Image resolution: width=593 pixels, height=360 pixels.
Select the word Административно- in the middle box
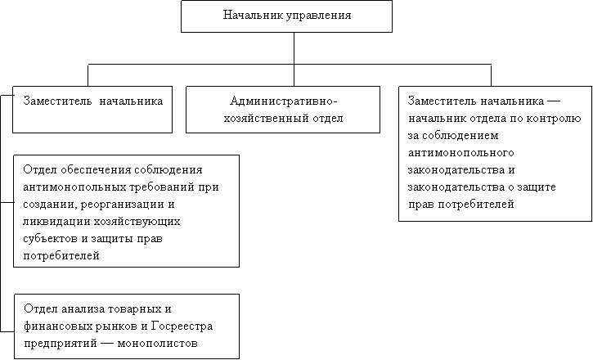[283, 101]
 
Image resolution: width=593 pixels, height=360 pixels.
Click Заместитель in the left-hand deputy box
[57, 101]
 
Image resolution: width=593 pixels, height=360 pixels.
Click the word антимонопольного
[461, 153]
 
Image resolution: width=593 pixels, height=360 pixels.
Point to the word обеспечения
[95, 170]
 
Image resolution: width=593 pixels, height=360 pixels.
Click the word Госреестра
[182, 326]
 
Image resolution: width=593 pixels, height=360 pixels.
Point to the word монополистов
[157, 344]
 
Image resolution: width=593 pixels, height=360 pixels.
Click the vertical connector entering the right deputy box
[491, 75]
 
